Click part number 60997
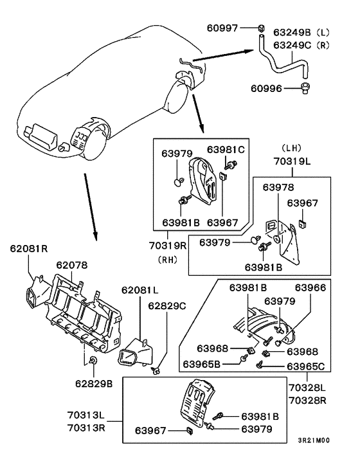222,28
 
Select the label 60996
266,88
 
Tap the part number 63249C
292,45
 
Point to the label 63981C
226,149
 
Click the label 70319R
168,246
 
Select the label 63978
278,187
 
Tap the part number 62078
72,265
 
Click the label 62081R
29,248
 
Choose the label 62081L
139,290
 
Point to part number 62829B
94,384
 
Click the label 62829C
167,305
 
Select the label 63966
310,287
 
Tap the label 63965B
201,364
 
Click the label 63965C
306,367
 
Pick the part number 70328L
307,387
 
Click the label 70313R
86,428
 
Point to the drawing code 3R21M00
314,440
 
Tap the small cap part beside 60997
261,28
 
